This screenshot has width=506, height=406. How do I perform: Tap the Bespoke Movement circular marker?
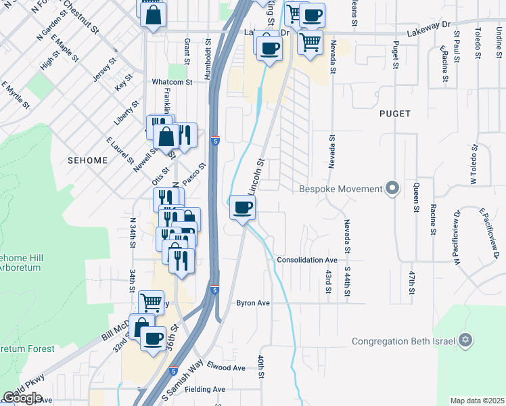(392, 188)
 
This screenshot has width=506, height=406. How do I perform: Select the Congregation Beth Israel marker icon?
(465, 340)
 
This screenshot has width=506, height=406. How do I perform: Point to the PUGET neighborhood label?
(395, 114)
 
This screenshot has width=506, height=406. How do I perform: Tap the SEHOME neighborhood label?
(88, 160)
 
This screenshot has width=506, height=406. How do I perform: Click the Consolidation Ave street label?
(307, 260)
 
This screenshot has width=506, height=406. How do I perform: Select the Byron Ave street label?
(253, 303)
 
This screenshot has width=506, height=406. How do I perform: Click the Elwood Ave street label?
(226, 367)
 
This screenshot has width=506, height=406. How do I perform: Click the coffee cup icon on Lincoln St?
(242, 207)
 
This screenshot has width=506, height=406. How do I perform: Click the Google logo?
(23, 398)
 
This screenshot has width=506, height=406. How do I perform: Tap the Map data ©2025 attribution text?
(477, 401)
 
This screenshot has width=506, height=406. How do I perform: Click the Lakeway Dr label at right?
(428, 25)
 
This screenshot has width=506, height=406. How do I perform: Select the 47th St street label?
(411, 282)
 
